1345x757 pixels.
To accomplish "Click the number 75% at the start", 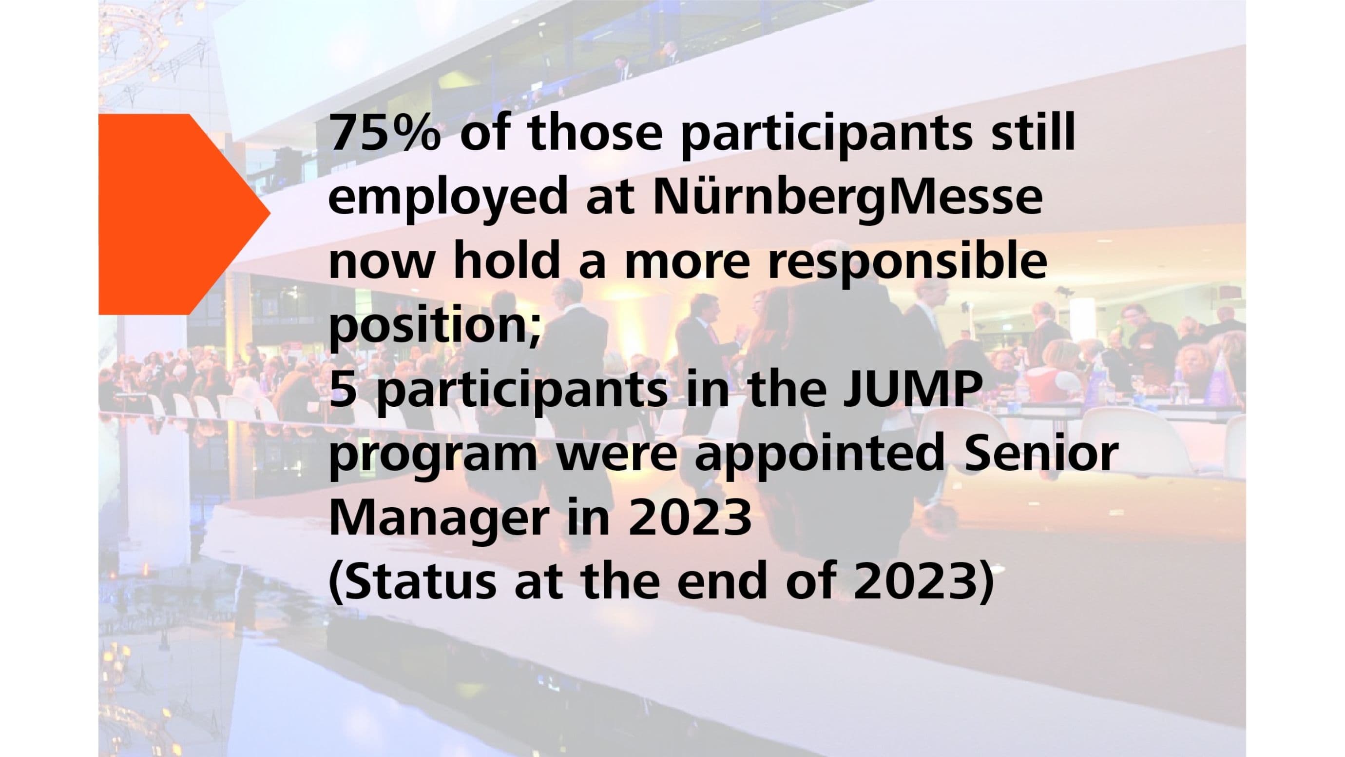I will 384,133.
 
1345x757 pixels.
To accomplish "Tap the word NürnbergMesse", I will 847,199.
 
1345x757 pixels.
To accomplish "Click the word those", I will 595,133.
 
